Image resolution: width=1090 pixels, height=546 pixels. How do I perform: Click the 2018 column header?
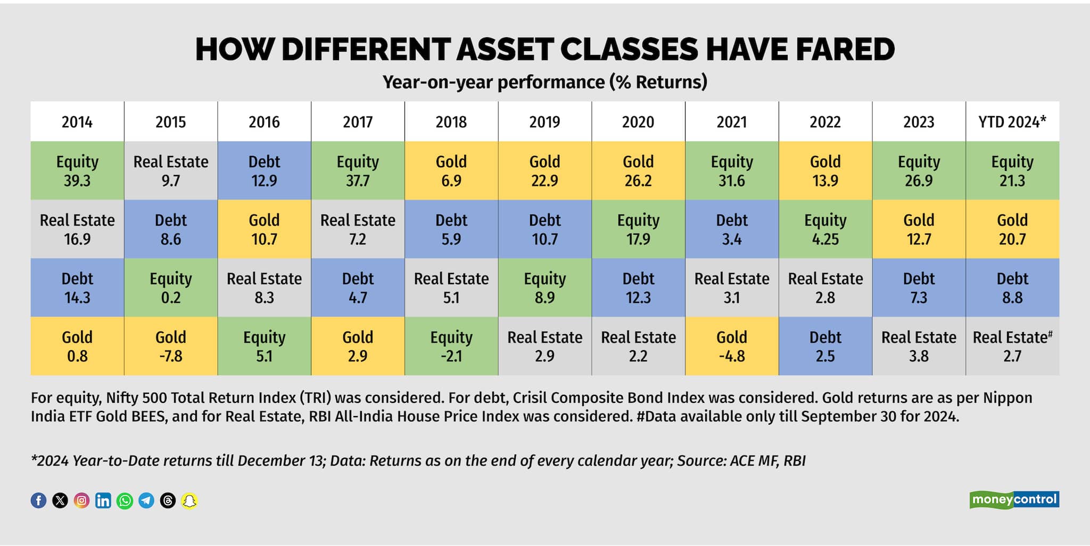[451, 122]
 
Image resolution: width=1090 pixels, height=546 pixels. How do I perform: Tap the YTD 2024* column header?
[1012, 122]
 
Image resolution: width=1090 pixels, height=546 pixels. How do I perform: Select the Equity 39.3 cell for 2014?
[77, 171]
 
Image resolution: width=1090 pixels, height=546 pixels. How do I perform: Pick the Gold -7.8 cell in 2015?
[171, 346]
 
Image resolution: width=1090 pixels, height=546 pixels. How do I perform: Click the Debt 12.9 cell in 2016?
[265, 171]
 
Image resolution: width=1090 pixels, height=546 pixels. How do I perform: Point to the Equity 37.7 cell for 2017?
[358, 171]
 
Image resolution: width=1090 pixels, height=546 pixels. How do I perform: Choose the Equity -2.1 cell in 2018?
[451, 346]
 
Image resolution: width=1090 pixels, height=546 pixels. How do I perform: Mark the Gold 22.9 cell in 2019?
[545, 171]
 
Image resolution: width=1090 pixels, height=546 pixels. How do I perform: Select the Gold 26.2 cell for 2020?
[638, 171]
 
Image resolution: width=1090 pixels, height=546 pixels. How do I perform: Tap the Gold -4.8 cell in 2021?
[732, 346]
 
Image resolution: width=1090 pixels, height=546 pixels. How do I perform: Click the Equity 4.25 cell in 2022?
[825, 229]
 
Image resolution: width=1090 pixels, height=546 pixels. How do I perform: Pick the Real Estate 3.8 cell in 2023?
[919, 346]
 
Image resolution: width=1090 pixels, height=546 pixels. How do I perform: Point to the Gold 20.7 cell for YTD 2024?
[1012, 229]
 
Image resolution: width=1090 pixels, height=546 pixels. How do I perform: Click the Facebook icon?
[38, 500]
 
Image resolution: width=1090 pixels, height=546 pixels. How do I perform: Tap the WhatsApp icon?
[125, 500]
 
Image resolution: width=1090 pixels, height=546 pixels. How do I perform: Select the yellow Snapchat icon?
[189, 500]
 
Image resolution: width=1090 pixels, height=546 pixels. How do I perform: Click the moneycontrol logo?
[1014, 500]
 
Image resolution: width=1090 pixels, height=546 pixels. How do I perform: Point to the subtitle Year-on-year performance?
[545, 82]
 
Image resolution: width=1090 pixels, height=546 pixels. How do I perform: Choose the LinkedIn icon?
[103, 500]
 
